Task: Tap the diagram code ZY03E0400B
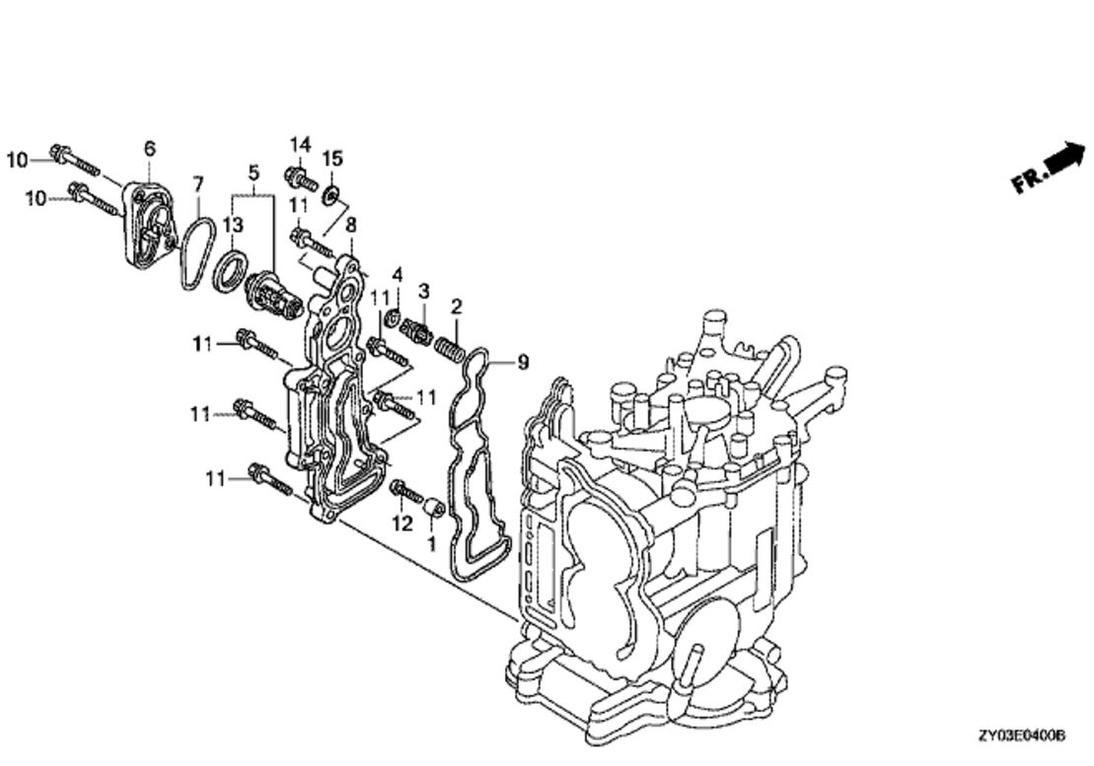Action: [x=1021, y=736]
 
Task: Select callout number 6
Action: [x=150, y=148]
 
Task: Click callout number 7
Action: [x=198, y=184]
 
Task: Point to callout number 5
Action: [x=254, y=172]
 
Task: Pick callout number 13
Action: [x=234, y=225]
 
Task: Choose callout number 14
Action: [x=300, y=144]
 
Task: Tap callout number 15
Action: [x=332, y=158]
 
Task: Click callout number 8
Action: [x=351, y=225]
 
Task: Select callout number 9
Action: [x=522, y=363]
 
